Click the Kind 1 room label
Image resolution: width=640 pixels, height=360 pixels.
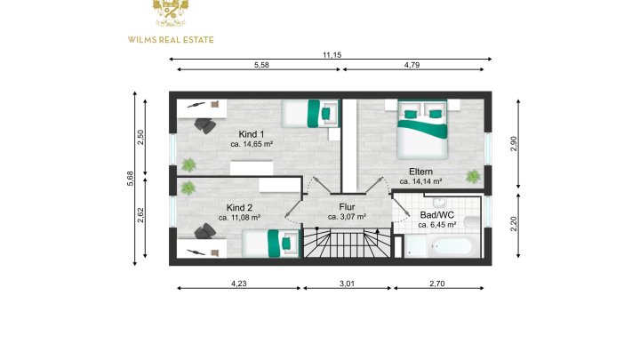pos(252,133)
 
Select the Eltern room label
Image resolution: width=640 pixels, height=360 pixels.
pos(421,171)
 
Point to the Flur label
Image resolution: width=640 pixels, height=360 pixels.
pos(347,206)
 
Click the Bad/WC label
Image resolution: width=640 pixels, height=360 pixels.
pos(436,215)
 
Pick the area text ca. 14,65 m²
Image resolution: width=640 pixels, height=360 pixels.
pos(252,143)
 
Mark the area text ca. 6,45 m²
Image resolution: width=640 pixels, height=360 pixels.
pos(436,225)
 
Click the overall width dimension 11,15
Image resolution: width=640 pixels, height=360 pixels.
pos(332,55)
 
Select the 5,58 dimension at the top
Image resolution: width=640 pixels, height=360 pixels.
pos(261,65)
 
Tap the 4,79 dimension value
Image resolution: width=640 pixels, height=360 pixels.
pos(412,65)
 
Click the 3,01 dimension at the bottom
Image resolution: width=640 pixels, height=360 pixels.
pos(348,284)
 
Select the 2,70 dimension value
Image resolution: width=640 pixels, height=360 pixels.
pos(438,284)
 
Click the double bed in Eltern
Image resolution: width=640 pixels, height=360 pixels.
pos(422,127)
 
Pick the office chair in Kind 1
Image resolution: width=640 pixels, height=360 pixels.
pos(205,124)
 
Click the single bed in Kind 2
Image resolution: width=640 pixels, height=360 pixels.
pos(269,242)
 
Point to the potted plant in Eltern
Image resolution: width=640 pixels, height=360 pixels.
pos(473,176)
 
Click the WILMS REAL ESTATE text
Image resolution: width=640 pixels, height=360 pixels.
pos(172,39)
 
